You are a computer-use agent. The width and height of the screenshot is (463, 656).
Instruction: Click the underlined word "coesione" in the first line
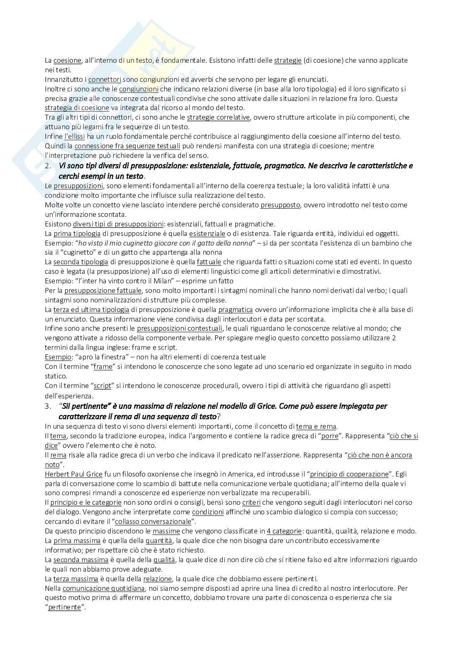coord(67,60)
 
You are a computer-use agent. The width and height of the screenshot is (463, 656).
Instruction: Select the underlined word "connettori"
coord(105,79)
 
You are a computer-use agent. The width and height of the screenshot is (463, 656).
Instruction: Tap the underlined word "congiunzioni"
coord(139,89)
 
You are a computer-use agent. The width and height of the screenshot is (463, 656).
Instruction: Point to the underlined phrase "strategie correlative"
coord(218,117)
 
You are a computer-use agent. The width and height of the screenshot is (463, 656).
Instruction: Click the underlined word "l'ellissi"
coord(75,136)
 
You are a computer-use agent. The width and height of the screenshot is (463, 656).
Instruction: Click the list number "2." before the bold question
coord(49,166)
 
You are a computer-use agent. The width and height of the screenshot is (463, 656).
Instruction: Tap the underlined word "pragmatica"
coord(235,310)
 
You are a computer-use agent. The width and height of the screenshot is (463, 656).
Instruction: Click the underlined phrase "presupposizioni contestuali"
coord(180,328)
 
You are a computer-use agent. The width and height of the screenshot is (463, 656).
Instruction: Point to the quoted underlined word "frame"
coord(103,366)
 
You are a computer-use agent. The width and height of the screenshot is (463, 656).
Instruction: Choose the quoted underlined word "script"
coord(102,386)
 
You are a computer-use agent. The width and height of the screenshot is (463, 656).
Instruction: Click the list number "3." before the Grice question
coord(49,406)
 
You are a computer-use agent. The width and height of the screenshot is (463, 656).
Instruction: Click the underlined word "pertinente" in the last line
coord(64,607)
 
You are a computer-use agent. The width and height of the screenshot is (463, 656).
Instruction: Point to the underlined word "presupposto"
coord(280,205)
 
